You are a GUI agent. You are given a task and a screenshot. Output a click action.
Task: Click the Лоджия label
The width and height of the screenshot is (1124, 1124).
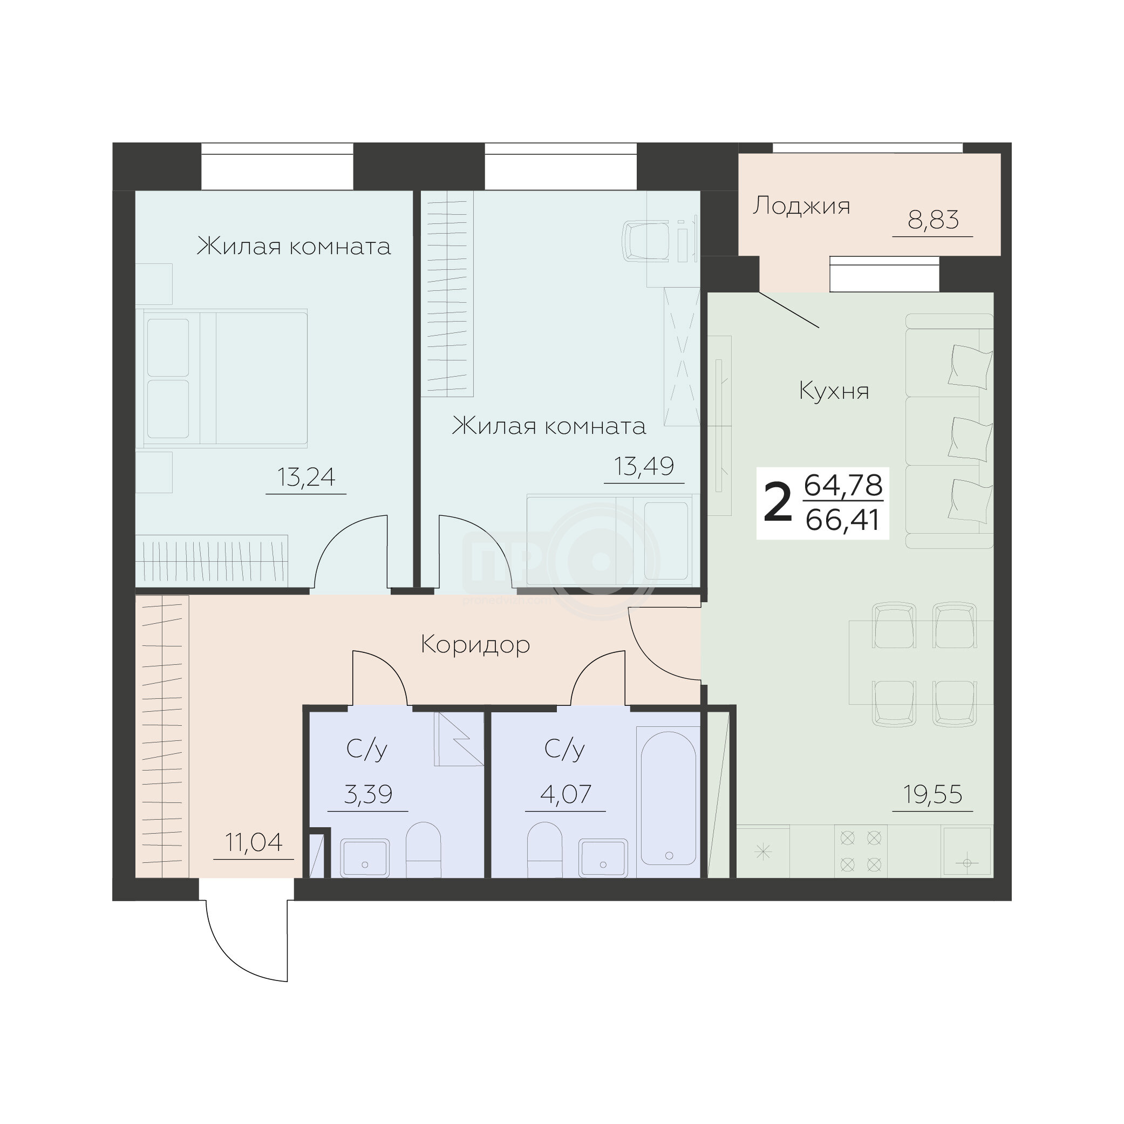801,207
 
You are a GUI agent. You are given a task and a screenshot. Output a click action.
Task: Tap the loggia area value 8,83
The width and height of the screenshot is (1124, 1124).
932,221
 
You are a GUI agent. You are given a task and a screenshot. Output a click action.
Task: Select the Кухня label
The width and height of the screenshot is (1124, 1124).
834,390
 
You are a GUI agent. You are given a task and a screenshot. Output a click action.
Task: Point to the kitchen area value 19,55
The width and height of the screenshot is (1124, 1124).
932,794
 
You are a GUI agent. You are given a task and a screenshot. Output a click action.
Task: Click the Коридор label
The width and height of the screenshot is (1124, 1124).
475,645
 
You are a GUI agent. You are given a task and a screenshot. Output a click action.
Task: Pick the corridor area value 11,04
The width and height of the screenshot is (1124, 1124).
254,842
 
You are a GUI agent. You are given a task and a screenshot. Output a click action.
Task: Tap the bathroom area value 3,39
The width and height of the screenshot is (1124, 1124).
367,794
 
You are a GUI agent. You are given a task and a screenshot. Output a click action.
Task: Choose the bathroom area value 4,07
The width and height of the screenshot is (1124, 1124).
566,794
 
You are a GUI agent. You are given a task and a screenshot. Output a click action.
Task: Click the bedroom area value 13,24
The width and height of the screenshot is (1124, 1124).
306,477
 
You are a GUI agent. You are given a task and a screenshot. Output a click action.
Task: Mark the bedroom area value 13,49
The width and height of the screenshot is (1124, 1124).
644,466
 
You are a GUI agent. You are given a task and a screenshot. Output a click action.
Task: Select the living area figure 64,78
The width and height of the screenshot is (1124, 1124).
842,485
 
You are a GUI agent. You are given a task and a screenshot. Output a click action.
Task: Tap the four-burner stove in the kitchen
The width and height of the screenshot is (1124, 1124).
861,850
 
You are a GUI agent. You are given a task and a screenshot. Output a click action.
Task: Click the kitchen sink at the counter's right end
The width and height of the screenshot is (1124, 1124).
967,851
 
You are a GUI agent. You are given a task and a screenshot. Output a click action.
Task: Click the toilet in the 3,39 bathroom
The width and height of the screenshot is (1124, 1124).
423,849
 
